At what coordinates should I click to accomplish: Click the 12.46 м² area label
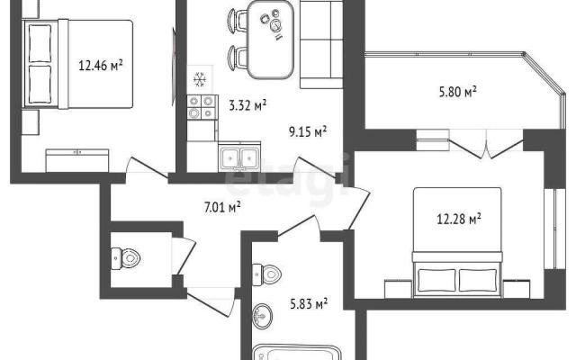pos(100,66)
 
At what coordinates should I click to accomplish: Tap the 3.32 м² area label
pos(247,105)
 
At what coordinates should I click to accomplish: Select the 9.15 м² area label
pos(308,131)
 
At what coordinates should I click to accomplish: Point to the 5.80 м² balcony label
pos(458,91)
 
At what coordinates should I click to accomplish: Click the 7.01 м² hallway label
pos(222,207)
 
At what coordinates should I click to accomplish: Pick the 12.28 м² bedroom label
pos(459,219)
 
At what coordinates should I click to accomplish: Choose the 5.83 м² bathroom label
pos(309,303)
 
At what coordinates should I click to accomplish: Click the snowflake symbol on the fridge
pos(200,80)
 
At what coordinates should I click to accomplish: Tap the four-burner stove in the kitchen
pos(201,107)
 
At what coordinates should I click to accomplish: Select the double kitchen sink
pos(239,158)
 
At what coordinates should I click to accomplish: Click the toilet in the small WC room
pos(126,258)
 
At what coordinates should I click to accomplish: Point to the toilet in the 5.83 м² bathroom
pos(267,274)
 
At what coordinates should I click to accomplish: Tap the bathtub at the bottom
pos(297,353)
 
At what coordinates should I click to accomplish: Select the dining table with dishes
pos(270,40)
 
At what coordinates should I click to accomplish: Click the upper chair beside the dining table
pos(237,20)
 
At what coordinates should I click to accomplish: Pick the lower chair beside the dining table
pos(237,58)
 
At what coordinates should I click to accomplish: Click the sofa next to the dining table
pos(321,44)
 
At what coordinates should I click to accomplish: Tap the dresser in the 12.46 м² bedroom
pos(77,160)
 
